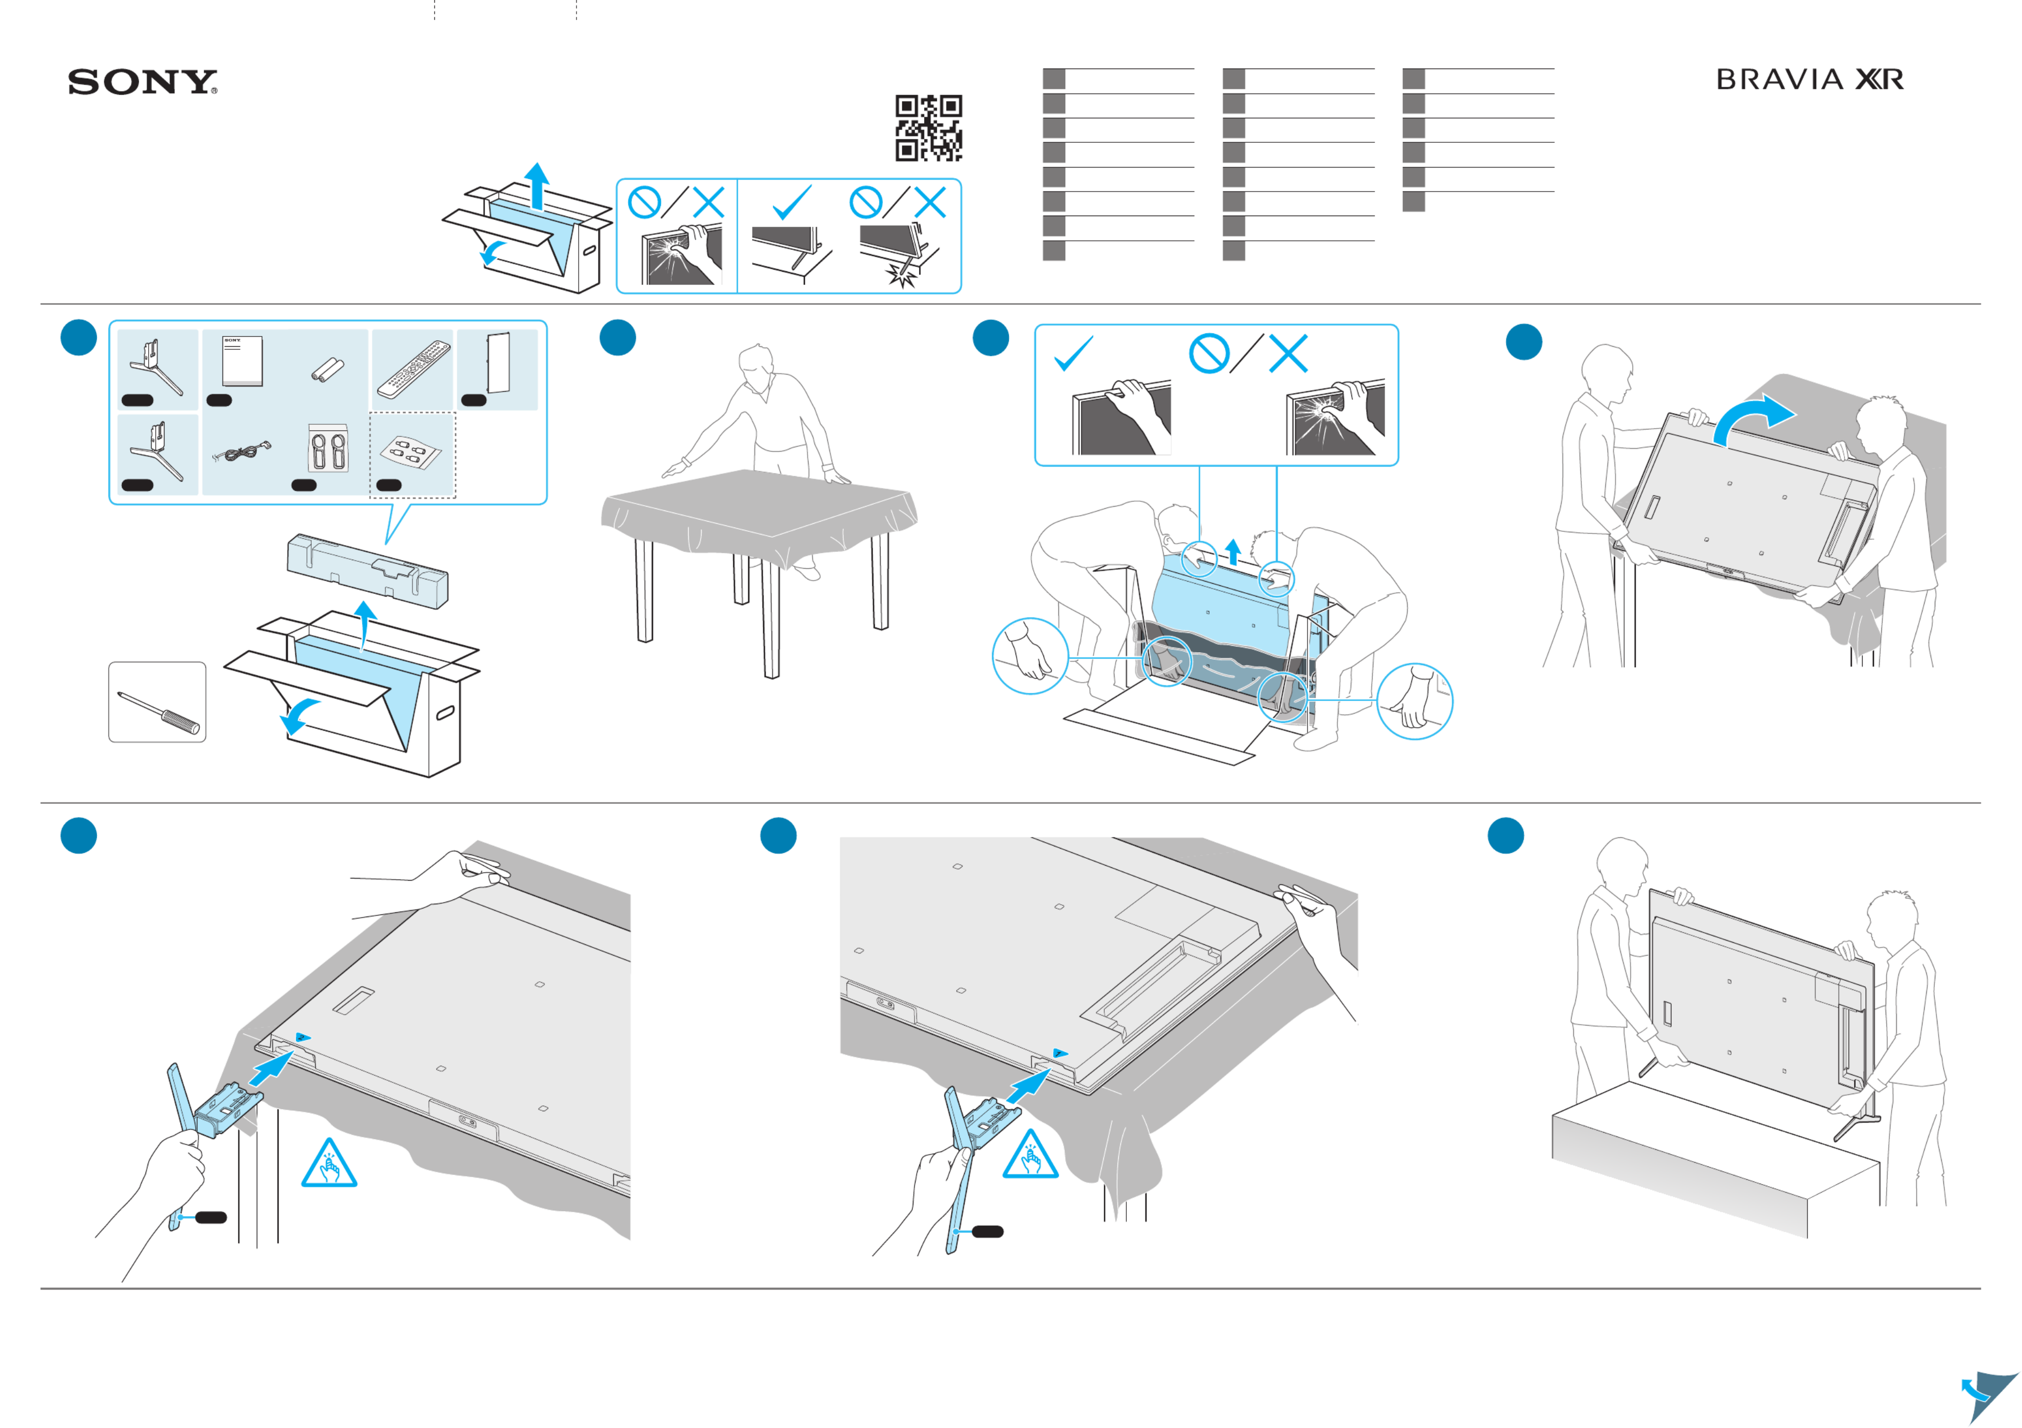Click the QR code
[928, 128]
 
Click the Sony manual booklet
[242, 360]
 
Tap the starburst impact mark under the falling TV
[901, 276]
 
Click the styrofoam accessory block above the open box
[368, 571]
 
